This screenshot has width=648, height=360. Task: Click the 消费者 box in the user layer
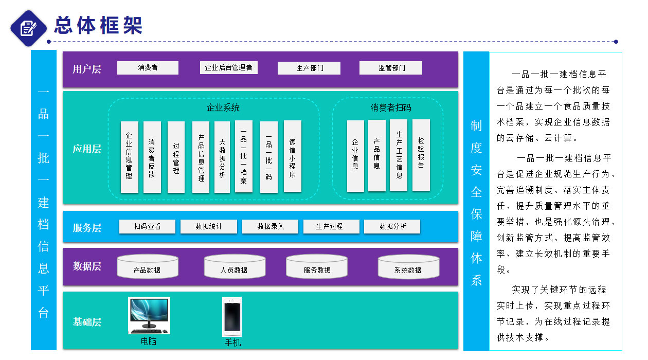(148, 68)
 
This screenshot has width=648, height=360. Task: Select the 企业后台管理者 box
(228, 67)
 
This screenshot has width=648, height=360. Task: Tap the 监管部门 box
(390, 68)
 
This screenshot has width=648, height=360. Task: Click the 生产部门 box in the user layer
(309, 68)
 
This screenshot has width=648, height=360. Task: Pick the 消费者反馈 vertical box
(152, 157)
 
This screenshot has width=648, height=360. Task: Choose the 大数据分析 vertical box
(222, 157)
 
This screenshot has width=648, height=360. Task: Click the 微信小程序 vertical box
(292, 156)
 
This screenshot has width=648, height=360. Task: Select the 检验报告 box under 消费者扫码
(421, 155)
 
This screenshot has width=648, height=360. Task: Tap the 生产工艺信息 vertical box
(399, 155)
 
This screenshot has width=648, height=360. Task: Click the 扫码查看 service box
(147, 226)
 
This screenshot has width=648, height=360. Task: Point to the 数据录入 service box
(270, 226)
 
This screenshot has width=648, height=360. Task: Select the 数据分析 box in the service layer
(392, 226)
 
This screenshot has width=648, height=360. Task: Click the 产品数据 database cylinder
(147, 266)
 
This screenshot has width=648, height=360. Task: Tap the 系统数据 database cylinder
(408, 266)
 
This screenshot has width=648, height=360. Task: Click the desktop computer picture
(149, 314)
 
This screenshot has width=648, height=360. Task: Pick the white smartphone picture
(231, 316)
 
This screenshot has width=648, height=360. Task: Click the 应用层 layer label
(86, 149)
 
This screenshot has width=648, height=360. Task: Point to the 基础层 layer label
(86, 322)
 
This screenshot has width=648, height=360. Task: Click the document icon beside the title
(29, 28)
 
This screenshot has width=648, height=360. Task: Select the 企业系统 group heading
(223, 108)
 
